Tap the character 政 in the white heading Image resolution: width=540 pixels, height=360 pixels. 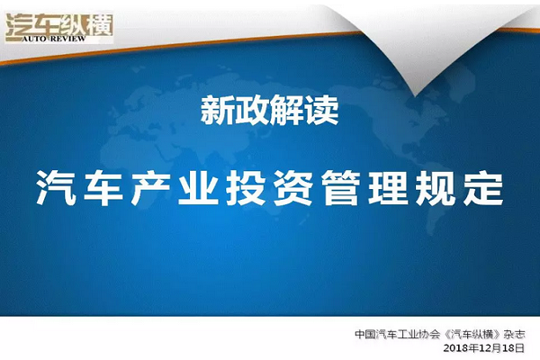point(252,110)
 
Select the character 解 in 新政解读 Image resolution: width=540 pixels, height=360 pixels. point(286,110)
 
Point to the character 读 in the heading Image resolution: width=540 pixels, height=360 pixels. point(321,110)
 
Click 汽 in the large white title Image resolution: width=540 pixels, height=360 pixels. point(56,188)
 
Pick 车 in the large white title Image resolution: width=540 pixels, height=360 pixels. point(103,188)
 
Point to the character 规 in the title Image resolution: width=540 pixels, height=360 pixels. point(436,188)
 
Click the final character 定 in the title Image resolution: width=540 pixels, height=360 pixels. point(483,188)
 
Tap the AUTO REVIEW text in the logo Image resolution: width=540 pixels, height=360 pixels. point(54,39)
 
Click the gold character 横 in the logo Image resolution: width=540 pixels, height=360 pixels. point(100,25)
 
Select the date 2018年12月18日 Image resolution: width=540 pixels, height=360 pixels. point(484,348)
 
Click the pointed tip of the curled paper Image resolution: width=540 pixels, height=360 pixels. point(415,95)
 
